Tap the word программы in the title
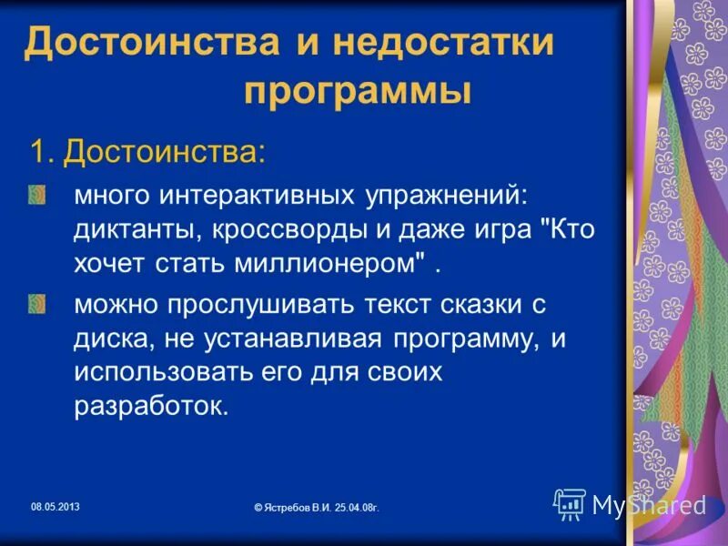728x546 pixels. point(358,92)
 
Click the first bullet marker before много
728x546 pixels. point(34,195)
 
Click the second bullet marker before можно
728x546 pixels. point(34,302)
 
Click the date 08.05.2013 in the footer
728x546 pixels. point(56,506)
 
